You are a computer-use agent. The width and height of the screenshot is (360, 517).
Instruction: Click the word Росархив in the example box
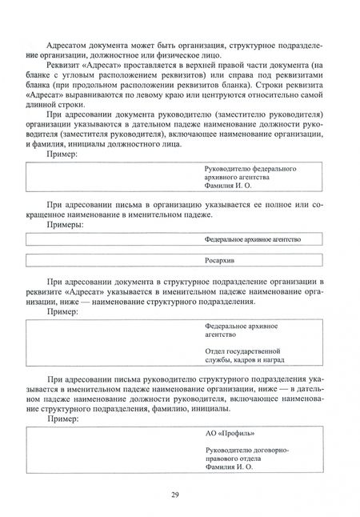pyautogui.click(x=222, y=260)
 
